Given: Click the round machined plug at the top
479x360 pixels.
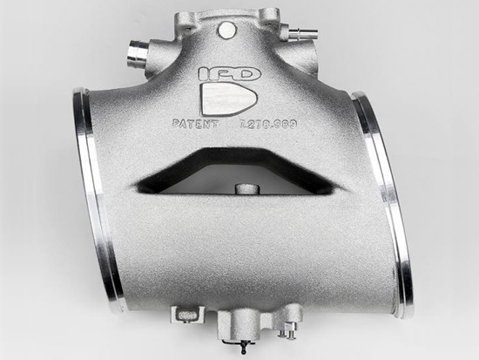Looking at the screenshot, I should [227, 31].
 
